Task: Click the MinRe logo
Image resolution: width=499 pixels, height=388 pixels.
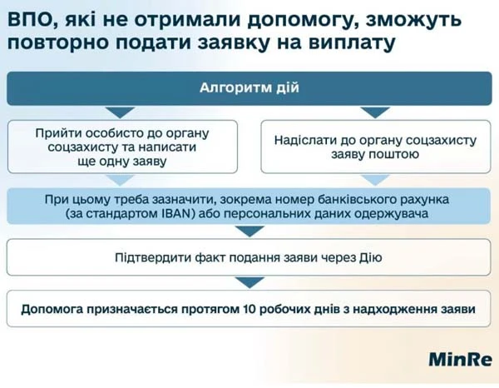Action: [459, 360]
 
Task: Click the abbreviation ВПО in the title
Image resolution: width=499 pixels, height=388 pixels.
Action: [32, 17]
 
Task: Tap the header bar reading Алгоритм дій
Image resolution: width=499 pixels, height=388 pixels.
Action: [249, 88]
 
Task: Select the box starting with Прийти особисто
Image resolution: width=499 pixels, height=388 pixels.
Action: [122, 147]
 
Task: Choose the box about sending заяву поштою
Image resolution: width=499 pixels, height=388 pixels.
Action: [375, 147]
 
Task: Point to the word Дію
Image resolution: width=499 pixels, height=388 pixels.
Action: [369, 257]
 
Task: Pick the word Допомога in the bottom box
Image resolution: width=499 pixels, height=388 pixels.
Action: [54, 309]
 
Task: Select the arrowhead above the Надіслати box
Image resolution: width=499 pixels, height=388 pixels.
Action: [375, 112]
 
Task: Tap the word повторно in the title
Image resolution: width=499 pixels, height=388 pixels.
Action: [55, 41]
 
